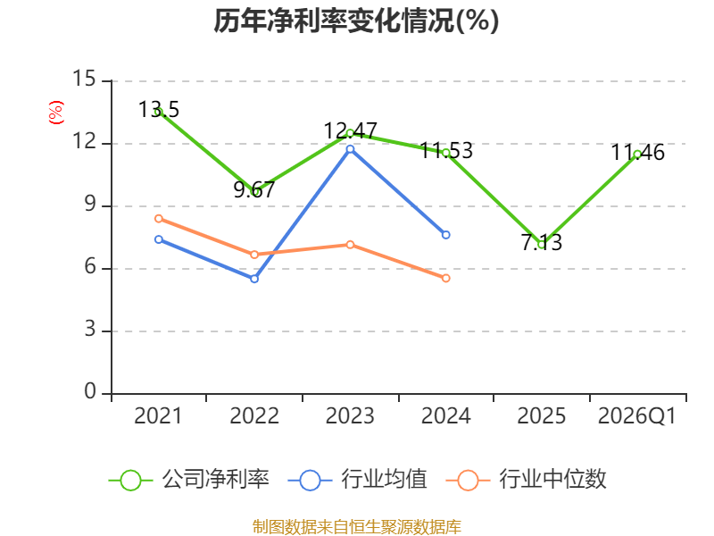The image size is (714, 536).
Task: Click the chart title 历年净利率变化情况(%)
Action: [x=356, y=21]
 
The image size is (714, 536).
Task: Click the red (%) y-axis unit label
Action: [x=56, y=113]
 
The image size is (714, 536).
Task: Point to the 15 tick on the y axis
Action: [x=84, y=79]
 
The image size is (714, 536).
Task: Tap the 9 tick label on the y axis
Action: [x=90, y=204]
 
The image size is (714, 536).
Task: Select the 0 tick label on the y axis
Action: [x=90, y=391]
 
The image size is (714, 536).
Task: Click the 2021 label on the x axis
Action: [x=158, y=416]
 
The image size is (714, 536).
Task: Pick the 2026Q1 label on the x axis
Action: [x=637, y=416]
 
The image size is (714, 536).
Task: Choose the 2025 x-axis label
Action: [x=542, y=416]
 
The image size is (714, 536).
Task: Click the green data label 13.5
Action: [x=159, y=109]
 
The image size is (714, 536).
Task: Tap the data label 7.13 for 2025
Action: [x=542, y=242]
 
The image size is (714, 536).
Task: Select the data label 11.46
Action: [x=637, y=152]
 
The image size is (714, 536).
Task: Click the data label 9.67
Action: [x=254, y=189]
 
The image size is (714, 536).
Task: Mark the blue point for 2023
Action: [x=350, y=149]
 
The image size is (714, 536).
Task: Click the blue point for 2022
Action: [x=254, y=279]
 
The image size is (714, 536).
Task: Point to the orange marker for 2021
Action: [x=159, y=219]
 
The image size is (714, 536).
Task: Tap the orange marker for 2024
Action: [x=446, y=278]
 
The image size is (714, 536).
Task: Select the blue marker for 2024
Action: [x=446, y=235]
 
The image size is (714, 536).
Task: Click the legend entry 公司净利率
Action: [x=189, y=480]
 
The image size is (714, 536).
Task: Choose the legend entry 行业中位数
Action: [x=527, y=480]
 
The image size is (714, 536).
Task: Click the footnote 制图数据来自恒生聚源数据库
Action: [x=357, y=527]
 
